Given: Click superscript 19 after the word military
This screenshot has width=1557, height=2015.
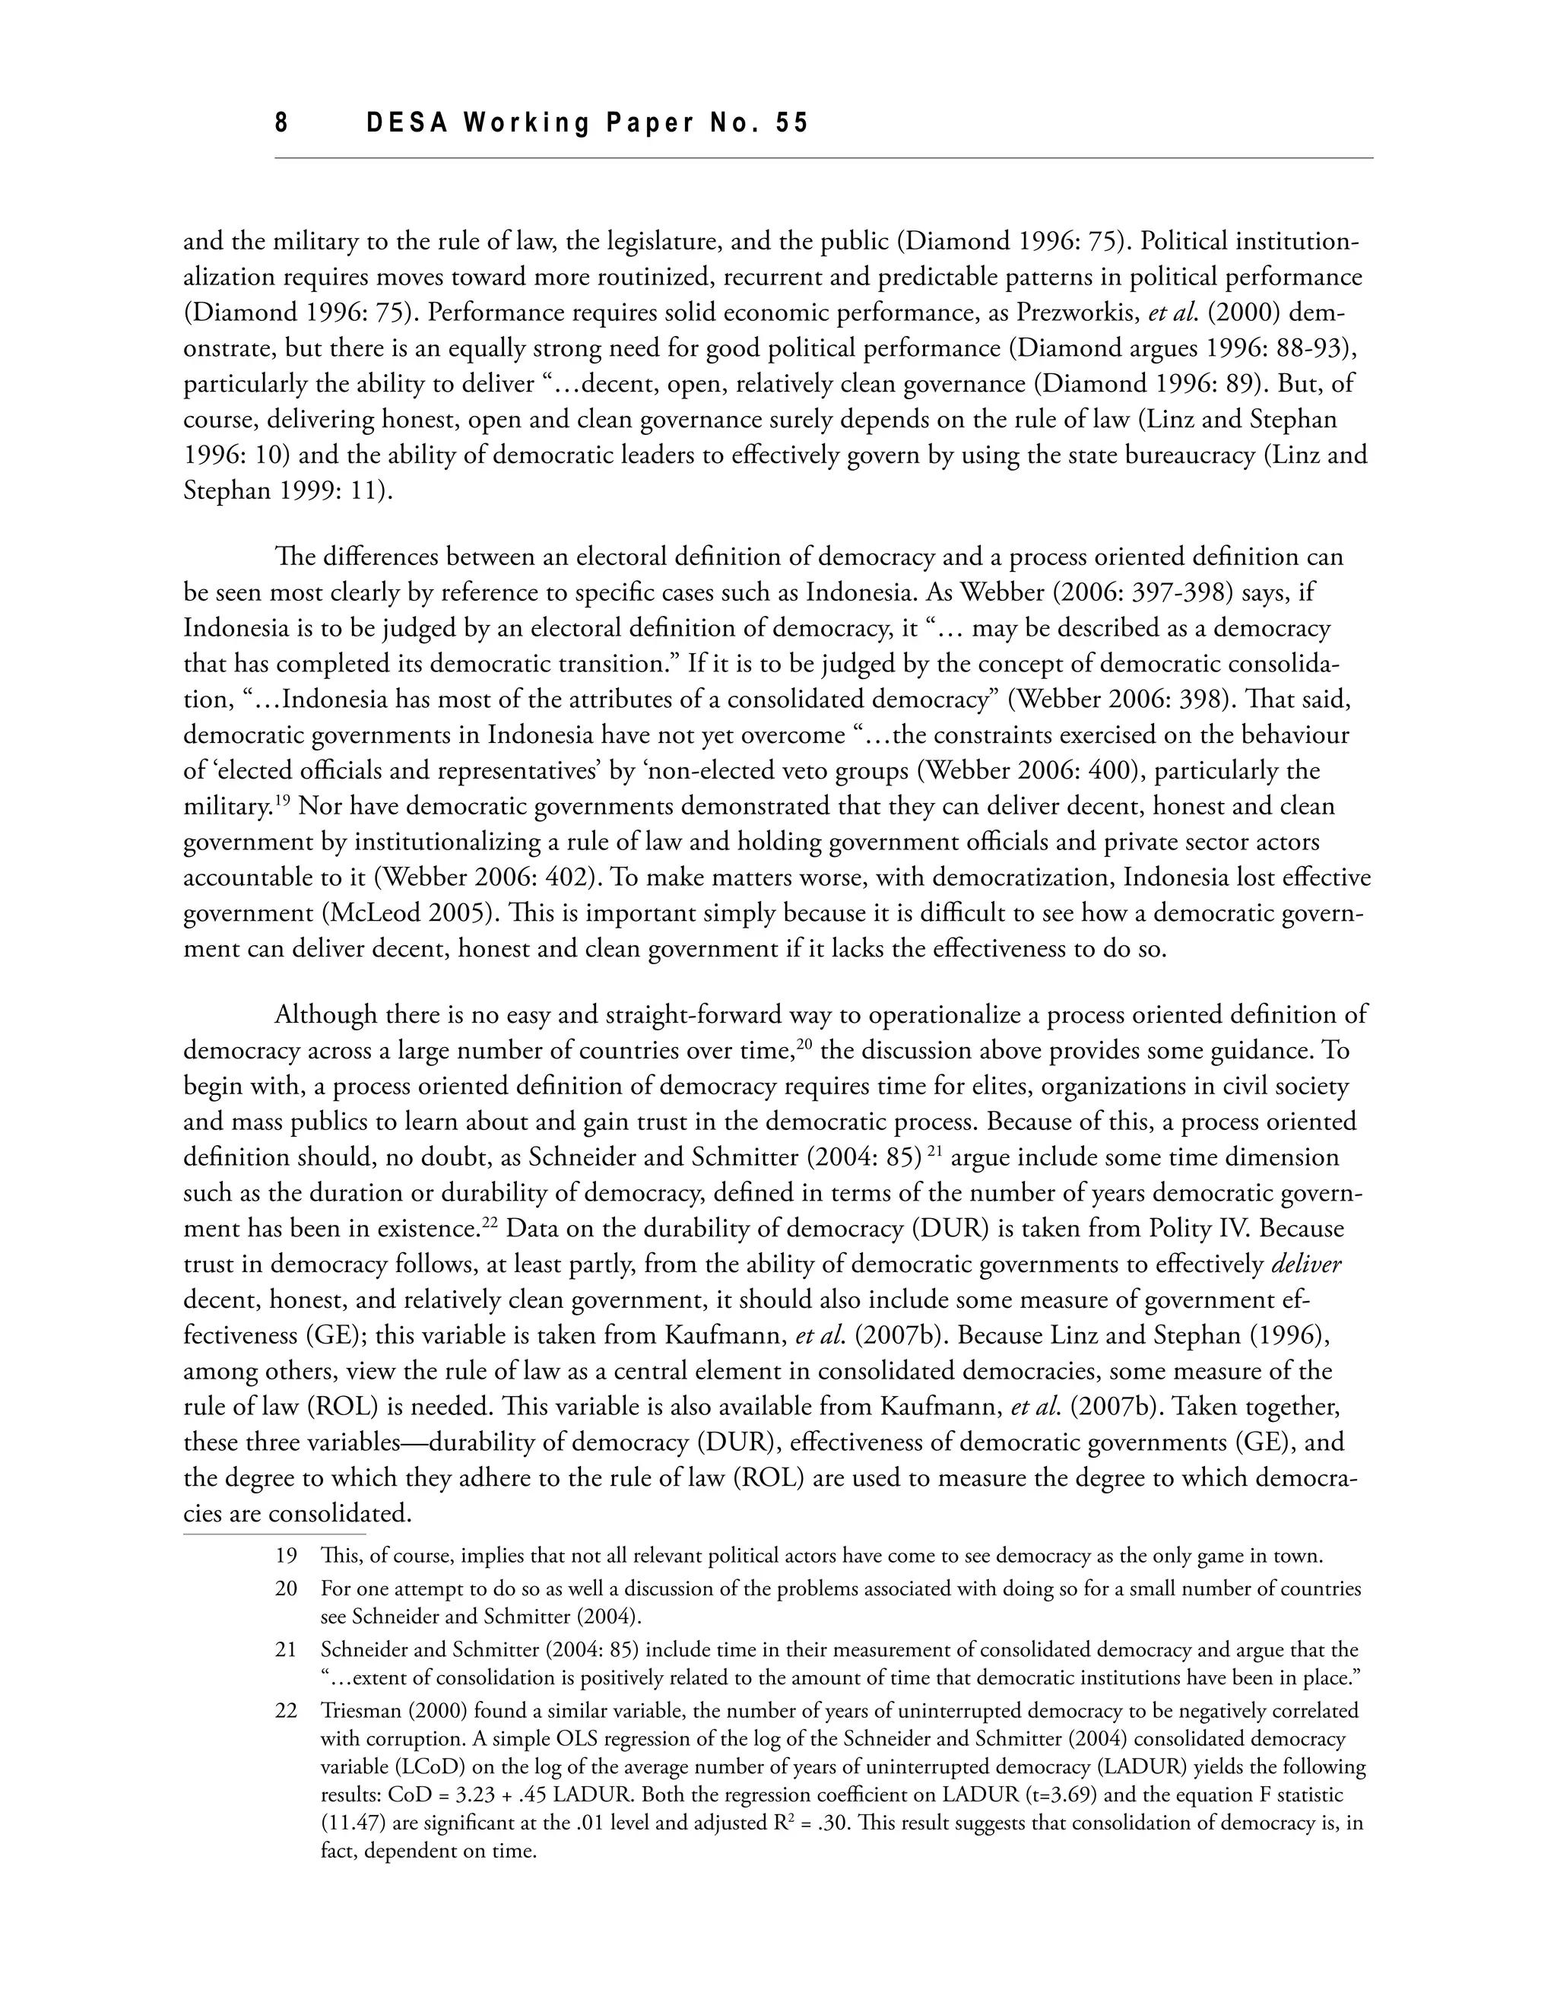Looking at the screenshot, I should click(x=282, y=801).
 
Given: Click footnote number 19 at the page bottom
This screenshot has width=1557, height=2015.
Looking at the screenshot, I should click(x=286, y=1556).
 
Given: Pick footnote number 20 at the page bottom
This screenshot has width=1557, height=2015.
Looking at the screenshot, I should click(x=286, y=1588).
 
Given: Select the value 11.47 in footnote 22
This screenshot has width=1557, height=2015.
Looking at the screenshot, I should click(x=351, y=1823).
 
